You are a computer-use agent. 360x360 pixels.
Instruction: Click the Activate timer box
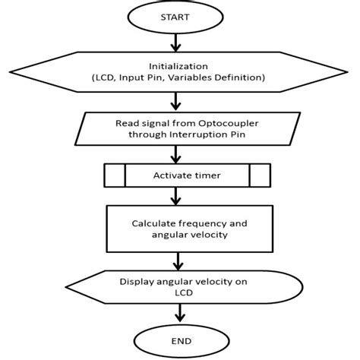tap(186, 175)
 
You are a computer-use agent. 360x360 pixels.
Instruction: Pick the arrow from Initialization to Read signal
tap(176, 100)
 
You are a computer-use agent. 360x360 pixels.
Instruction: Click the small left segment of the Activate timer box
tap(114, 175)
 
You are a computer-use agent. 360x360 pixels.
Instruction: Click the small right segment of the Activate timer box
tap(259, 175)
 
